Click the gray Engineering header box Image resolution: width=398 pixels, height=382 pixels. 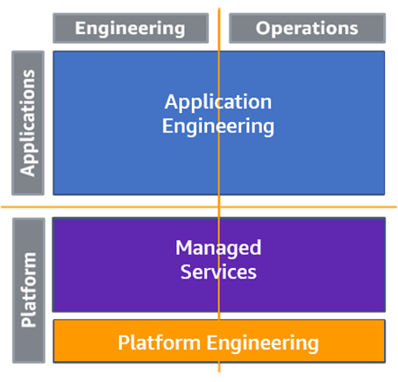(x=131, y=28)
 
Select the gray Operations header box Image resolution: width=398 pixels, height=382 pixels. (x=307, y=28)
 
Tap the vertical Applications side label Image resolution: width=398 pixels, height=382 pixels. (x=28, y=123)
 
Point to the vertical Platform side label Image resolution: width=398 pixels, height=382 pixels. (x=29, y=290)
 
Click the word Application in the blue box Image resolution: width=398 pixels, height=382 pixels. (x=218, y=103)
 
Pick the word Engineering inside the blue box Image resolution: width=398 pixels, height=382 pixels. (x=218, y=127)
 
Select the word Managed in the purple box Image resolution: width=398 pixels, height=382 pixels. (x=218, y=249)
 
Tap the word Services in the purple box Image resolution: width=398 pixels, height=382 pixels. (x=218, y=272)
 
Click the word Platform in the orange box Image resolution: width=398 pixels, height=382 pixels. (x=159, y=343)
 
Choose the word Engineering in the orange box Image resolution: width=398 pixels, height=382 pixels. (x=263, y=343)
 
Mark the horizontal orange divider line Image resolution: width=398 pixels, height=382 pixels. (x=199, y=207)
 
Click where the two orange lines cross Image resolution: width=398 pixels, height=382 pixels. (x=219, y=207)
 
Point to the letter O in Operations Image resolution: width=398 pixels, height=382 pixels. (x=263, y=28)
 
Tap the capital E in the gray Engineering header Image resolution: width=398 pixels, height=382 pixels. (x=81, y=28)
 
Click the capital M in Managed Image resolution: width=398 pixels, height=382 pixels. (x=183, y=247)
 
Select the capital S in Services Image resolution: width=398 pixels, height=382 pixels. (x=186, y=272)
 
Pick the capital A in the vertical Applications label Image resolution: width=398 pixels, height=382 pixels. (x=27, y=169)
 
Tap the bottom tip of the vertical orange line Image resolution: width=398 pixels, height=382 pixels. (x=219, y=372)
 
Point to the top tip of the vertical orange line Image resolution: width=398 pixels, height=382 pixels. (x=219, y=8)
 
